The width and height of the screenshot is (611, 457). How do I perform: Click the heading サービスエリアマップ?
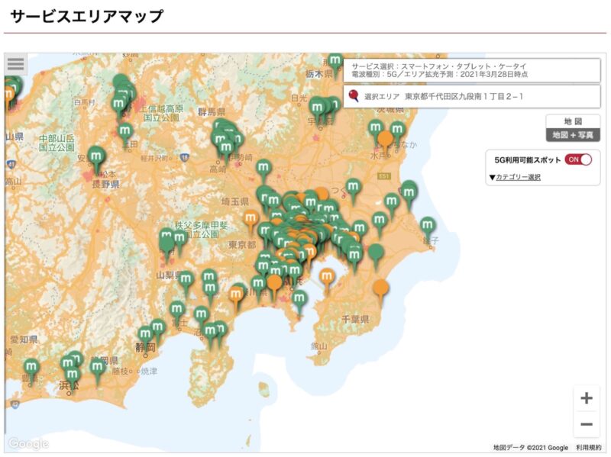pos(87,16)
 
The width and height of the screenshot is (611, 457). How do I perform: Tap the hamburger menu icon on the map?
pos(16,64)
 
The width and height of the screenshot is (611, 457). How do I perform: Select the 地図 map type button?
pos(573,121)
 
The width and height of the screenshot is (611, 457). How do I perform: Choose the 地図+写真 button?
pos(573,135)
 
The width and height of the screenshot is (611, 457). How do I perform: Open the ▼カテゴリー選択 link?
pos(515,177)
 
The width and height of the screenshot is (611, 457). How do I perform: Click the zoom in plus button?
pos(587,398)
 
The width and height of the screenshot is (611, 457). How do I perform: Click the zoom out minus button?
pos(587,424)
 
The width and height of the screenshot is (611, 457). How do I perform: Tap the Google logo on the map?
pos(28,444)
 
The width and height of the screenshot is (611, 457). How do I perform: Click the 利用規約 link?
pos(588,448)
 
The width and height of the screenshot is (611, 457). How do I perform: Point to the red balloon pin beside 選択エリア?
pos(354,96)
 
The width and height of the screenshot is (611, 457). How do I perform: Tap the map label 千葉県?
pos(356,318)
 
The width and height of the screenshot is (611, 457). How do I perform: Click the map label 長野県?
pos(105,185)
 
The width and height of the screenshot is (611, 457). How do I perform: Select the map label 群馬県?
pos(212,112)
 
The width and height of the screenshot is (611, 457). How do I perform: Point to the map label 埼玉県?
pos(234,201)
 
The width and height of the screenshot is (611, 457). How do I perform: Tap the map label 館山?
pos(319,347)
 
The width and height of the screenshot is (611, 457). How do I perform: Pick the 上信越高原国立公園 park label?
pos(161,114)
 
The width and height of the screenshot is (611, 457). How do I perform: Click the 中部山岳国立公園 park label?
pos(57,143)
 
